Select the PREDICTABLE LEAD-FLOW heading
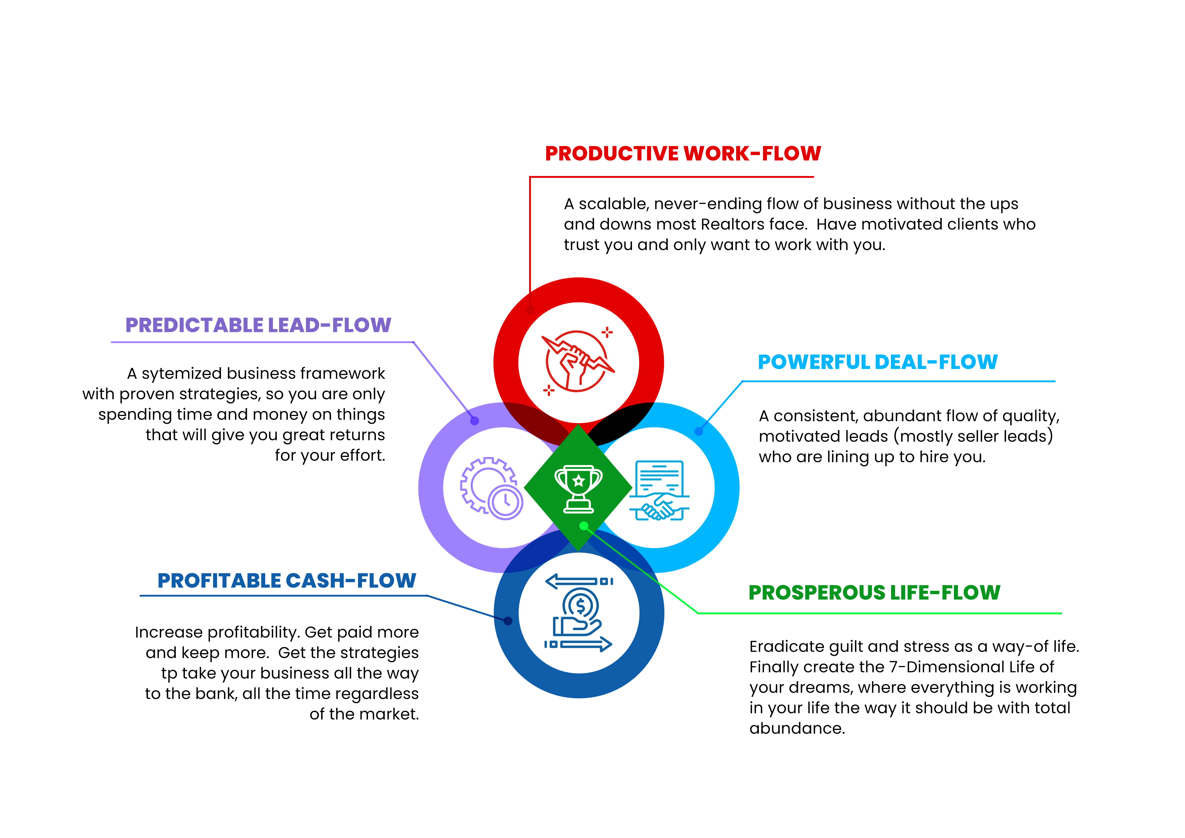(x=258, y=325)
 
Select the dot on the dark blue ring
(x=508, y=621)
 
